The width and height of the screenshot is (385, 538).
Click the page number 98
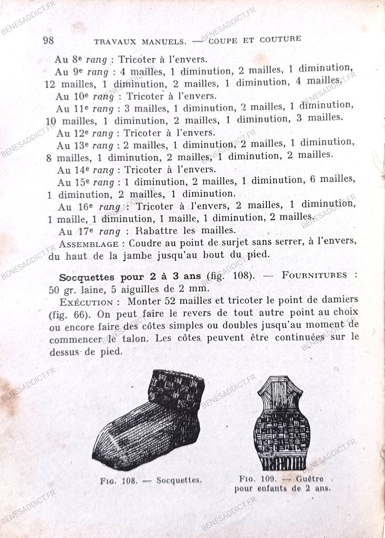pyautogui.click(x=48, y=40)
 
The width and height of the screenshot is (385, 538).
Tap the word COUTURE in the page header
pyautogui.click(x=282, y=39)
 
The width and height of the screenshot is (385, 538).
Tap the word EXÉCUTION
pyautogui.click(x=86, y=302)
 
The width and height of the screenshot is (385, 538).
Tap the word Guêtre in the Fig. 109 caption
pyautogui.click(x=310, y=479)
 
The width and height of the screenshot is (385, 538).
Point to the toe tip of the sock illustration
pyautogui.click(x=98, y=452)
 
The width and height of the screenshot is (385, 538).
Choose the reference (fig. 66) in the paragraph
pyautogui.click(x=66, y=314)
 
